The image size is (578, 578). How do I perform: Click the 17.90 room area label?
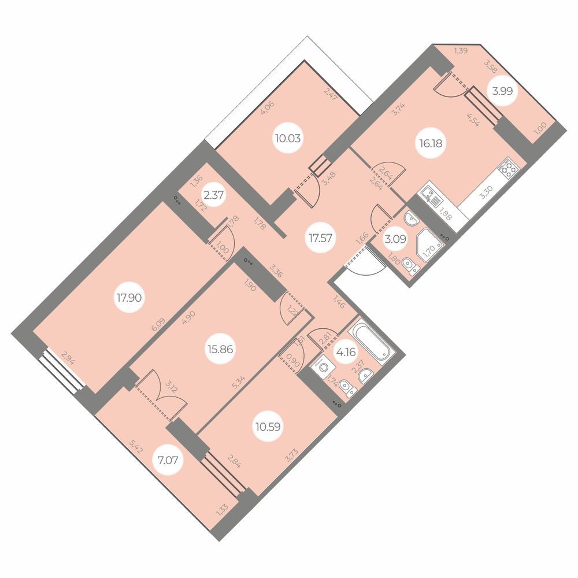coord(129,298)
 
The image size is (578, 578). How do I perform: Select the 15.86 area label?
coord(220,349)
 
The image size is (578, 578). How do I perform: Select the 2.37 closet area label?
coord(213,195)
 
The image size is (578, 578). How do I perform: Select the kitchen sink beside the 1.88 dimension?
coord(430,197)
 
